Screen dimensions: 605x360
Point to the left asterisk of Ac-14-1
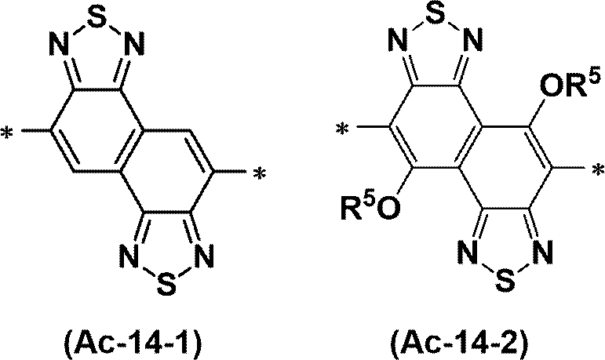point(9,135)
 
